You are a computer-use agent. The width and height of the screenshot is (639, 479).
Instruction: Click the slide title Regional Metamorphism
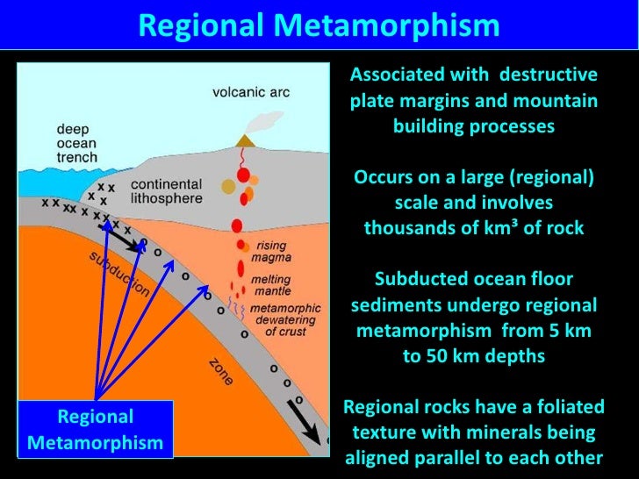[x=319, y=25]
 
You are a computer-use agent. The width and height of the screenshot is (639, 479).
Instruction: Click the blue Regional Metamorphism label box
[x=95, y=429]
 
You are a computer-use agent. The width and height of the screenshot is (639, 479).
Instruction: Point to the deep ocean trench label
[x=78, y=143]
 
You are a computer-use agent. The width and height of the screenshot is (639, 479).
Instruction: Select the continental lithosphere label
[x=166, y=192]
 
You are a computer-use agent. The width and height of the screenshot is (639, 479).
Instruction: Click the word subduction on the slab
[x=118, y=274]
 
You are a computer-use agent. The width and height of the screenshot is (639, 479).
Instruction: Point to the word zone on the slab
[x=221, y=374]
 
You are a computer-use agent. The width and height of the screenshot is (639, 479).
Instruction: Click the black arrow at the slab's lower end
[x=305, y=430]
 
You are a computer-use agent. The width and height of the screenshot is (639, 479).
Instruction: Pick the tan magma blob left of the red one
[x=228, y=186]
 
